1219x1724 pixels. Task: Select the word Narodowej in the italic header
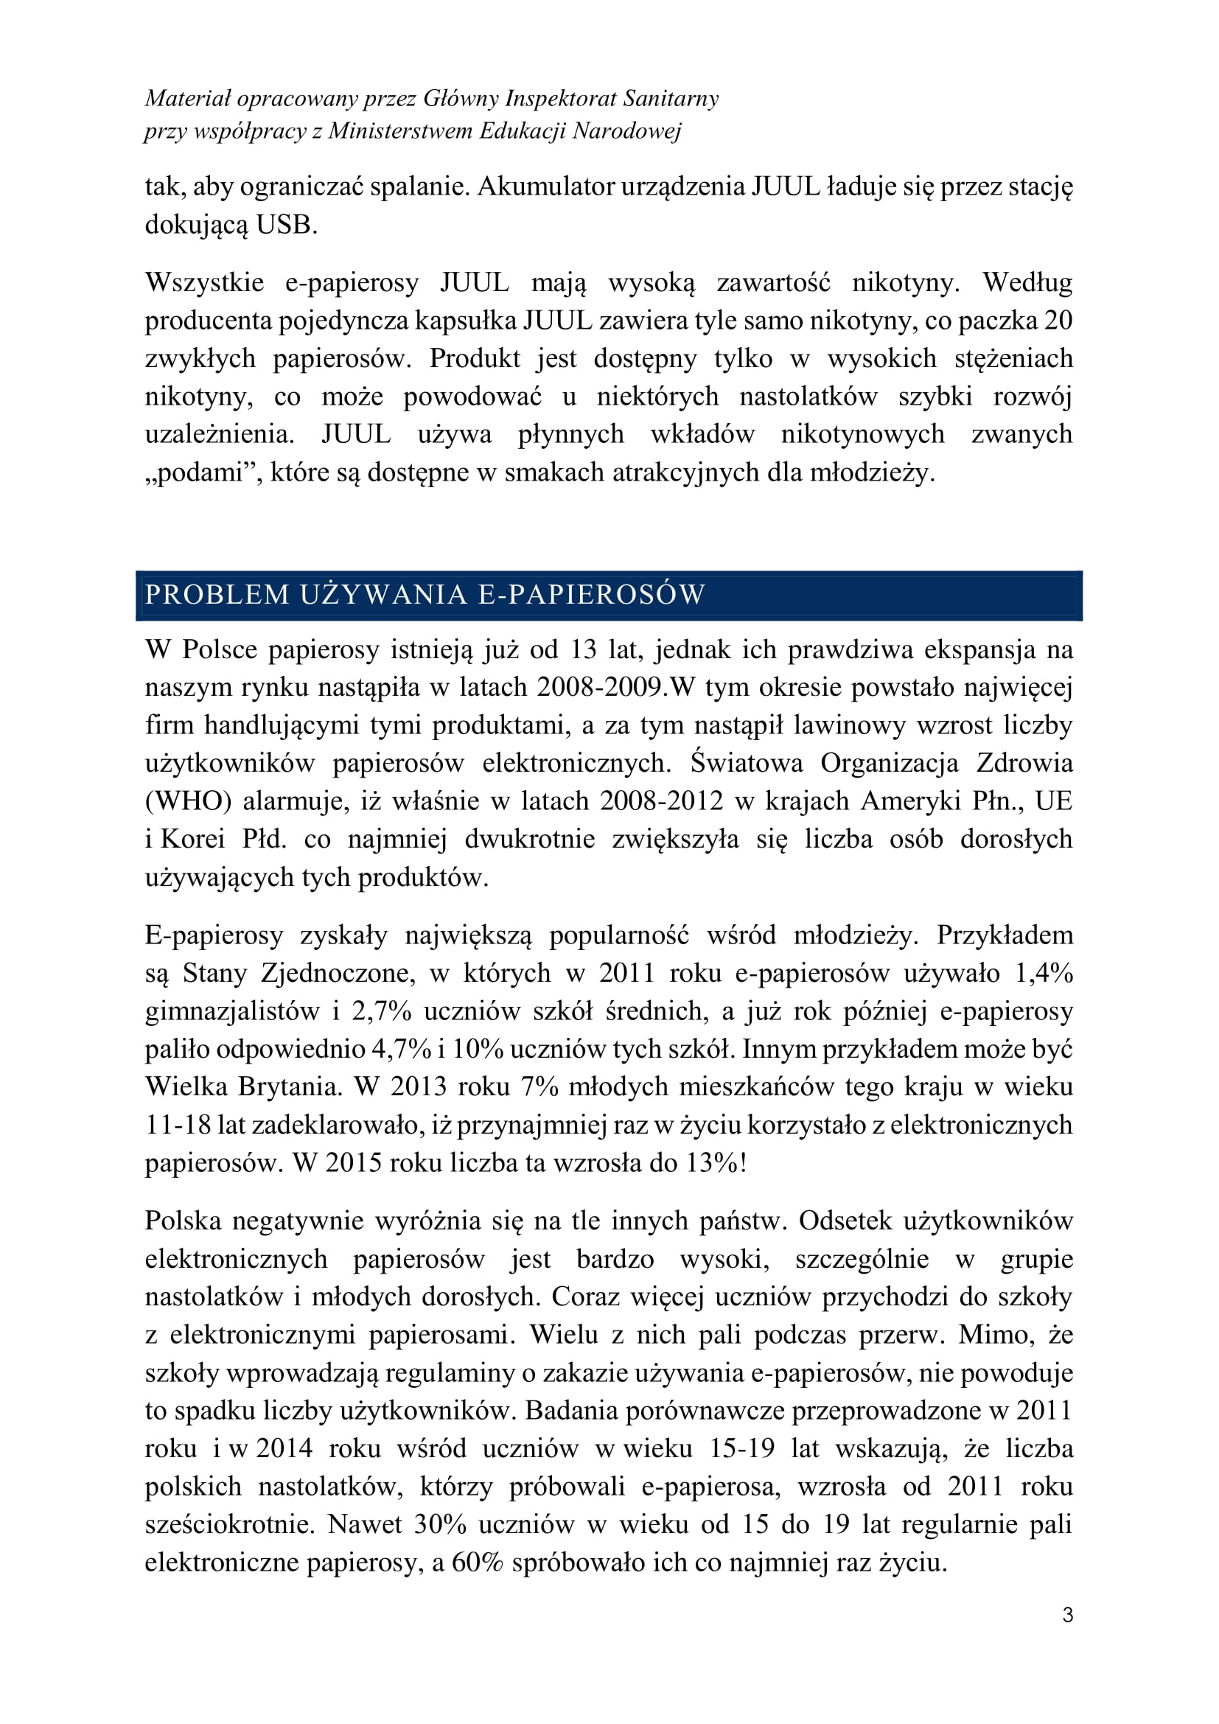pyautogui.click(x=626, y=131)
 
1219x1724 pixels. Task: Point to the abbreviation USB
pyautogui.click(x=287, y=225)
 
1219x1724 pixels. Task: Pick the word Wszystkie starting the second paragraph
pyautogui.click(x=204, y=282)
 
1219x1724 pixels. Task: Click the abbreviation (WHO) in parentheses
pyautogui.click(x=189, y=801)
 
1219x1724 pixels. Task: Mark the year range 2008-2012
pyautogui.click(x=661, y=801)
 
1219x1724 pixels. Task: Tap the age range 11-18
pyautogui.click(x=178, y=1125)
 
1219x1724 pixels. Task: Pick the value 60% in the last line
pyautogui.click(x=477, y=1563)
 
